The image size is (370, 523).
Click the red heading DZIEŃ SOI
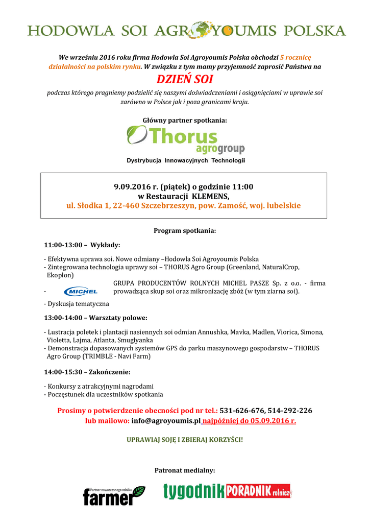[x=185, y=80]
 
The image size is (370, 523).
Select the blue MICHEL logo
[x=81, y=291]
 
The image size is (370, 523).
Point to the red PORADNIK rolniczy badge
[x=259, y=491]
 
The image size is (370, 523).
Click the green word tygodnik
[x=194, y=492]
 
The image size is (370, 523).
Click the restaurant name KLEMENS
[x=211, y=196]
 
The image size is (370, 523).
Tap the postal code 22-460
[x=126, y=206]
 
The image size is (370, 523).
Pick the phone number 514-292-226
[x=290, y=411]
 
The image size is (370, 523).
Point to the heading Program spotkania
[x=185, y=231]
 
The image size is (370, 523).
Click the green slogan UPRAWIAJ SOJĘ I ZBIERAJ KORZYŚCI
[x=185, y=439]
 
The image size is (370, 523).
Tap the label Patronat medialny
[x=185, y=470]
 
